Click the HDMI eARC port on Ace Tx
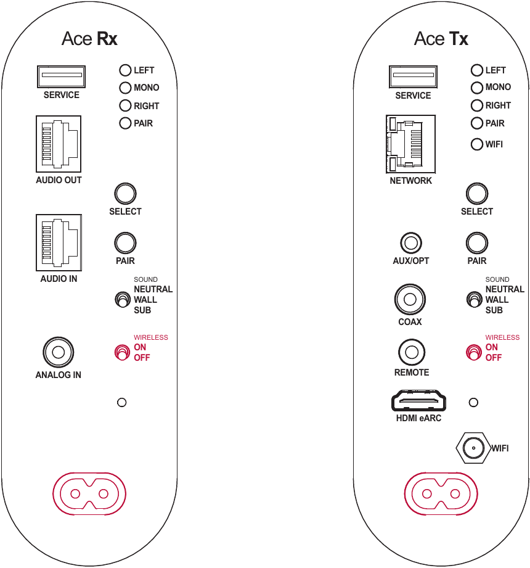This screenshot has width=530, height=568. pyautogui.click(x=418, y=400)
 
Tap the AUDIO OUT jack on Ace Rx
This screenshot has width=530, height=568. pyautogui.click(x=59, y=144)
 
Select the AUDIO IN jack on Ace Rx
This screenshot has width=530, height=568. pyautogui.click(x=59, y=243)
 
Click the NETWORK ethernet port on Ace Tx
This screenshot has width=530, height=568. pyautogui.click(x=410, y=144)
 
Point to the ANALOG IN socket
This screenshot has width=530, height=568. pyautogui.click(x=59, y=352)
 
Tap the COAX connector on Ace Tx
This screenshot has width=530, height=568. pyautogui.click(x=410, y=299)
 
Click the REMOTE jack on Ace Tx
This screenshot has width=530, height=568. pyautogui.click(x=412, y=352)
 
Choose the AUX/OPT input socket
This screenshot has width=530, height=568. pyautogui.click(x=411, y=243)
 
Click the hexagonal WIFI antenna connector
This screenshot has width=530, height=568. pyautogui.click(x=473, y=448)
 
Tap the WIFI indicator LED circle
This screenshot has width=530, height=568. pyautogui.click(x=477, y=144)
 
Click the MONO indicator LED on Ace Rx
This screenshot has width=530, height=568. pyautogui.click(x=125, y=88)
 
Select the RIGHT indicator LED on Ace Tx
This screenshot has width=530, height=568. pyautogui.click(x=477, y=105)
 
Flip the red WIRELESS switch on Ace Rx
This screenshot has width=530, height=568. pyautogui.click(x=122, y=352)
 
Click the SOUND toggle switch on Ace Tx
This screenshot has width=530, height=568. pyautogui.click(x=475, y=300)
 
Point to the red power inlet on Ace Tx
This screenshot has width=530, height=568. pyautogui.click(x=441, y=493)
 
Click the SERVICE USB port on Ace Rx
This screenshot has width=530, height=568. pyautogui.click(x=61, y=76)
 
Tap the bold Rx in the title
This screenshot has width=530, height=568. pyautogui.click(x=107, y=39)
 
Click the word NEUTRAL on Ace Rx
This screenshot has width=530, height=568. pyautogui.click(x=153, y=289)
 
